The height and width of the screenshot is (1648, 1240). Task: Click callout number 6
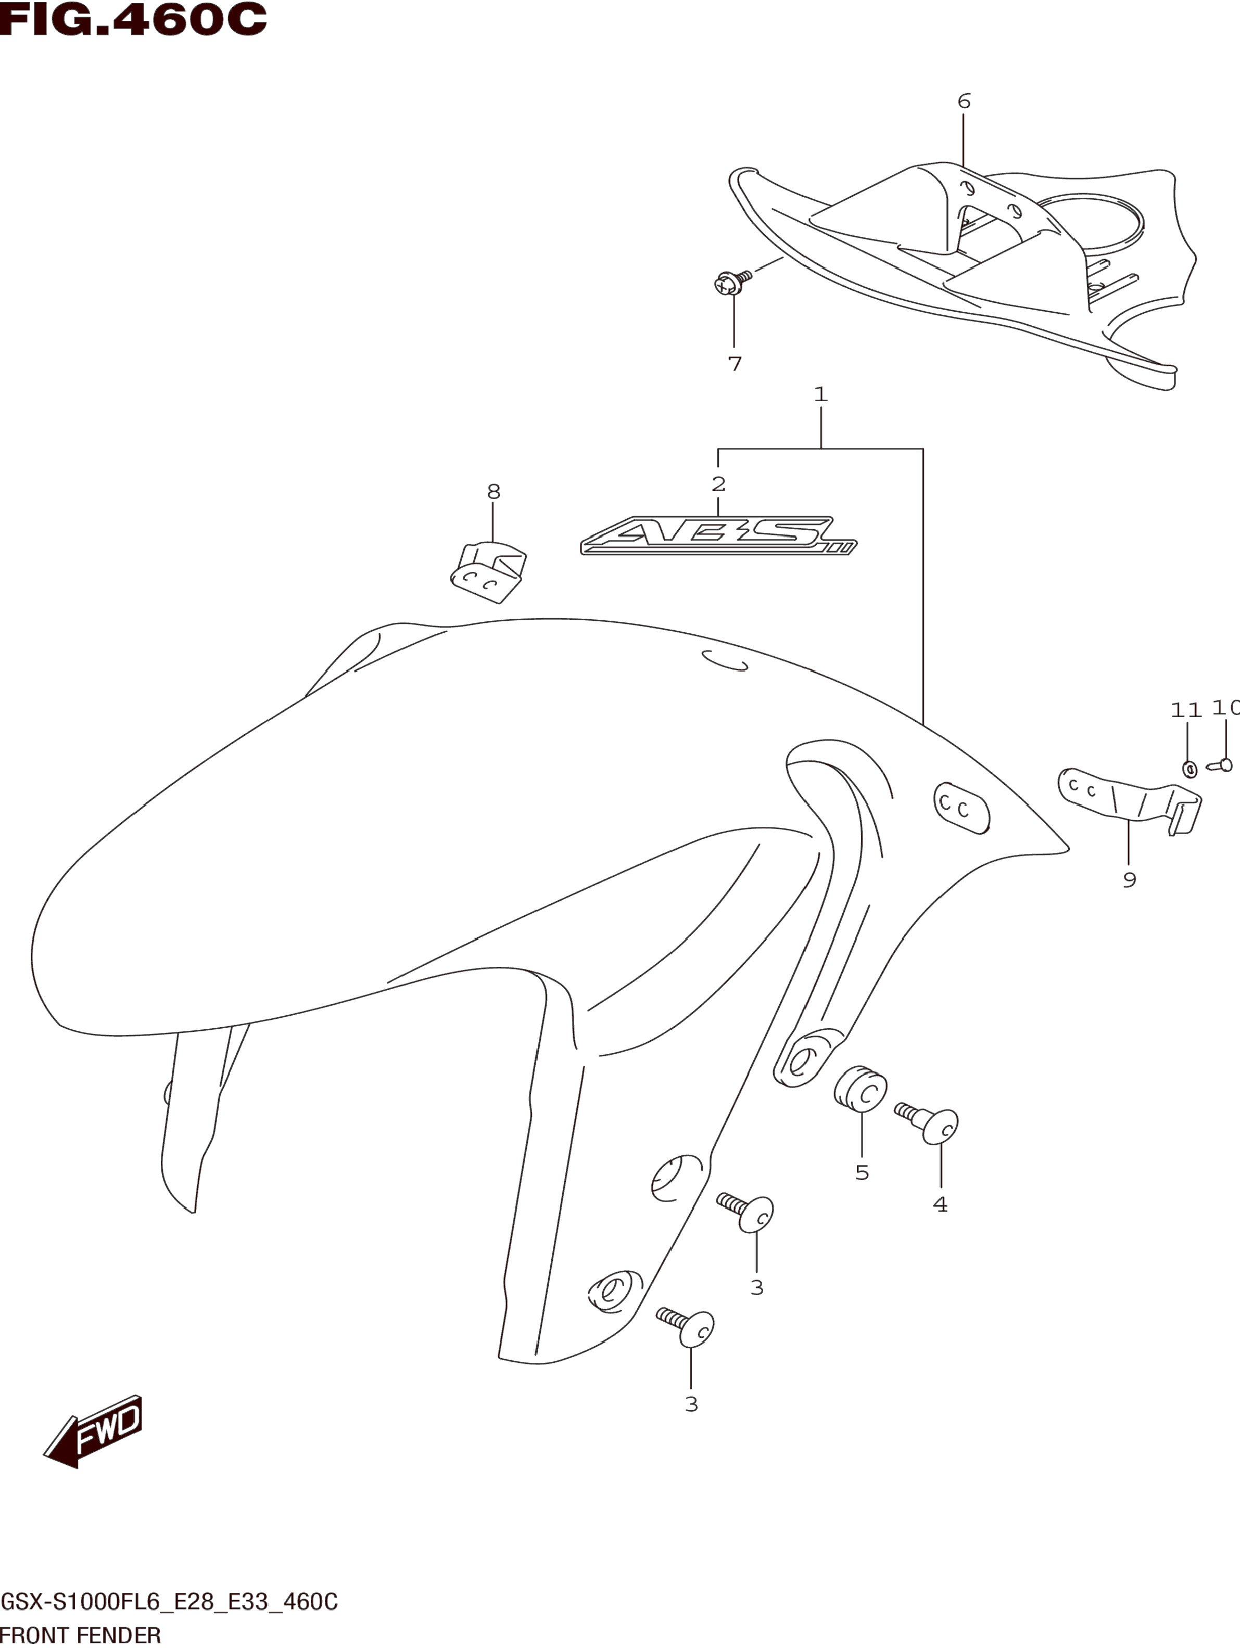click(964, 101)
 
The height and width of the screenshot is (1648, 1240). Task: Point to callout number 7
click(734, 364)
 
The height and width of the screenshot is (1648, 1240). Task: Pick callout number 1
click(820, 393)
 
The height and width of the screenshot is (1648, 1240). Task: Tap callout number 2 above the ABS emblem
click(718, 484)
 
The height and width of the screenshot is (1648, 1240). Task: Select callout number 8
click(494, 492)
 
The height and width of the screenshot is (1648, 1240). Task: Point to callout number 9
click(1129, 880)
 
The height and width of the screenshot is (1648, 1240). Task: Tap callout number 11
click(1186, 710)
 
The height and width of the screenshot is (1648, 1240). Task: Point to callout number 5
click(862, 1173)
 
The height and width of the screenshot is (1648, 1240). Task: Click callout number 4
click(941, 1205)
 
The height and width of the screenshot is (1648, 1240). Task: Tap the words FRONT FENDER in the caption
click(81, 1636)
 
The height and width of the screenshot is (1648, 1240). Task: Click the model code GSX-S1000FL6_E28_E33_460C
click(170, 1602)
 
